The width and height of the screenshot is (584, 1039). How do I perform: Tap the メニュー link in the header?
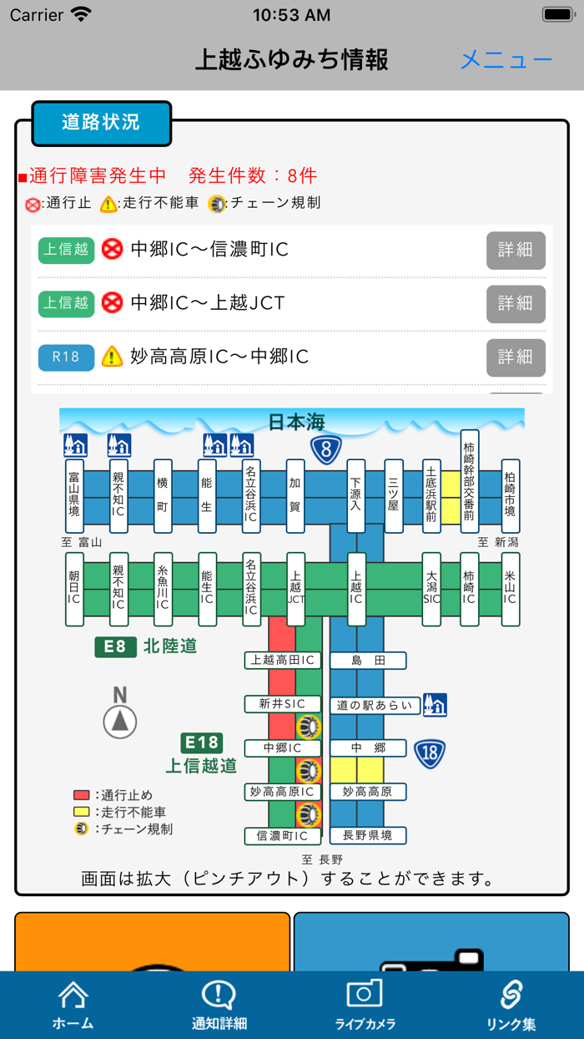(x=506, y=60)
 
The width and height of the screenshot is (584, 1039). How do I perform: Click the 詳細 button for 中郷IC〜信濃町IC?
(x=516, y=250)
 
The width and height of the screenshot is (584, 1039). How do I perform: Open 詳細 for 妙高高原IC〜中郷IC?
(x=516, y=357)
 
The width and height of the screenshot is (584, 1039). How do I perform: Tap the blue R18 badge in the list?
(x=66, y=357)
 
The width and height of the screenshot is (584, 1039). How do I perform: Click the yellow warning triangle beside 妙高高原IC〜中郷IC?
(x=112, y=357)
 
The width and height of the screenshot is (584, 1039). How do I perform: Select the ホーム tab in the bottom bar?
(x=73, y=1005)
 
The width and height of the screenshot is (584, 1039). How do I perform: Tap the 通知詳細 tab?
(x=219, y=1005)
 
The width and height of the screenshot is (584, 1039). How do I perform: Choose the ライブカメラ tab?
(x=365, y=1005)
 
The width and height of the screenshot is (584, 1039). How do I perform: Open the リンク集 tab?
(x=511, y=1005)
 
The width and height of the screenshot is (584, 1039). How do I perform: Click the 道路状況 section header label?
(x=101, y=123)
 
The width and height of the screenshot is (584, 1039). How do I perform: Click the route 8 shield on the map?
(x=326, y=450)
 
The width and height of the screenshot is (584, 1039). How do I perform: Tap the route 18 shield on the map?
(x=430, y=753)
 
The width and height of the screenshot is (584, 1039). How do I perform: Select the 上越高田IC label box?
(x=283, y=661)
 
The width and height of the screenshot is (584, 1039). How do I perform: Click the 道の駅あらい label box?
(x=375, y=705)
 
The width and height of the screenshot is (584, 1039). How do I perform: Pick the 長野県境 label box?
(x=368, y=834)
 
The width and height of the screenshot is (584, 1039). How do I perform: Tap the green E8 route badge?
(x=115, y=646)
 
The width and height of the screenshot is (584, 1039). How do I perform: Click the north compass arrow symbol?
(x=120, y=721)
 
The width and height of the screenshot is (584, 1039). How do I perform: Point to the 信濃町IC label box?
(x=283, y=835)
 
